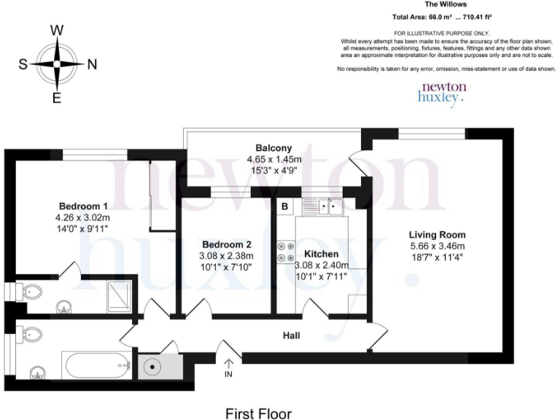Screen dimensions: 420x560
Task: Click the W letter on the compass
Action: tap(57, 31)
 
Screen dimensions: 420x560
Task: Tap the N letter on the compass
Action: tap(92, 64)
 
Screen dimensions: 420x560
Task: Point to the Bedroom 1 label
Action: tap(82, 206)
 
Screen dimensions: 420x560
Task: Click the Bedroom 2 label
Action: tap(227, 244)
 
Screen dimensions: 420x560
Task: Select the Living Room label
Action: tap(437, 235)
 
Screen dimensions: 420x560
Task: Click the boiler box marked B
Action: tap(284, 207)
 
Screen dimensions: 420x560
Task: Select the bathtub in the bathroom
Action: tap(96, 363)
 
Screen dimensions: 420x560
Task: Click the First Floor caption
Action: tap(258, 414)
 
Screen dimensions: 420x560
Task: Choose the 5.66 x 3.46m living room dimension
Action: tap(437, 246)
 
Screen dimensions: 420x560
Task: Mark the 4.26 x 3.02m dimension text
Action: tap(82, 217)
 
